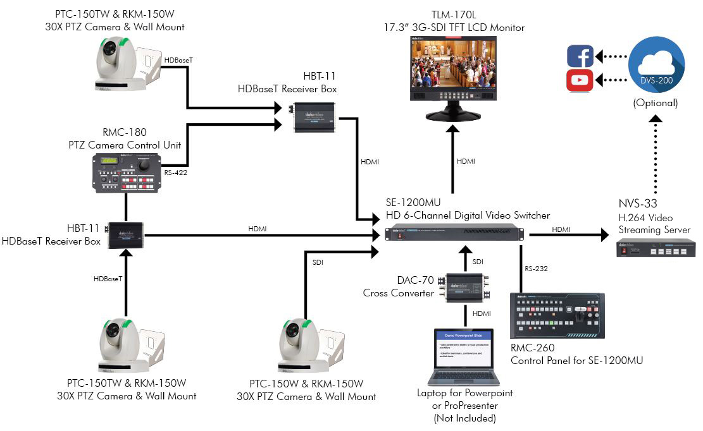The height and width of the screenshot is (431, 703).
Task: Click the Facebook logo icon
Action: (580, 56)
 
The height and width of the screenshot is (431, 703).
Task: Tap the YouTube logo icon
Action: (580, 80)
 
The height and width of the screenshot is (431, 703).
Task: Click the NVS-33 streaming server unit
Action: (656, 248)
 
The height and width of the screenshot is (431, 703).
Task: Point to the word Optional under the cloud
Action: (656, 102)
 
